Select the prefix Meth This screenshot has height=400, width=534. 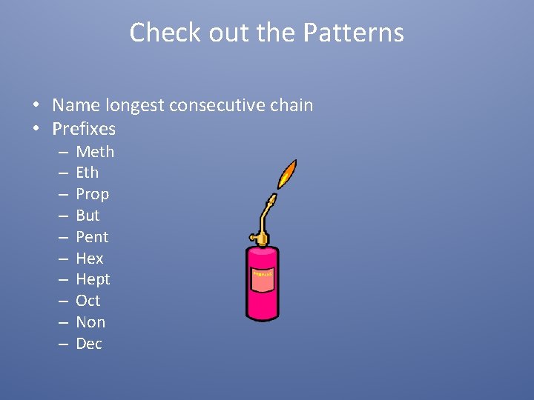[95, 152]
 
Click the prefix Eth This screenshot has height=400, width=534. [87, 173]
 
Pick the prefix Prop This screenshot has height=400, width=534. [92, 194]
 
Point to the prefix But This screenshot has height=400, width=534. [88, 216]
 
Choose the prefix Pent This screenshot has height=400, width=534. [92, 237]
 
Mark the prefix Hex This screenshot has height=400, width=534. [89, 259]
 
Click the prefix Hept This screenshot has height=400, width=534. [93, 279]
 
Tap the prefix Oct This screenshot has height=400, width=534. [88, 301]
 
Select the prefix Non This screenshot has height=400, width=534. [90, 322]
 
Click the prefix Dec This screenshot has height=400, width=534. [89, 344]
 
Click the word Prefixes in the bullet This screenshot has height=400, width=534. [84, 129]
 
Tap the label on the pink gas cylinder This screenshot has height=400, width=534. [263, 275]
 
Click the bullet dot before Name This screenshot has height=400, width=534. [35, 106]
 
